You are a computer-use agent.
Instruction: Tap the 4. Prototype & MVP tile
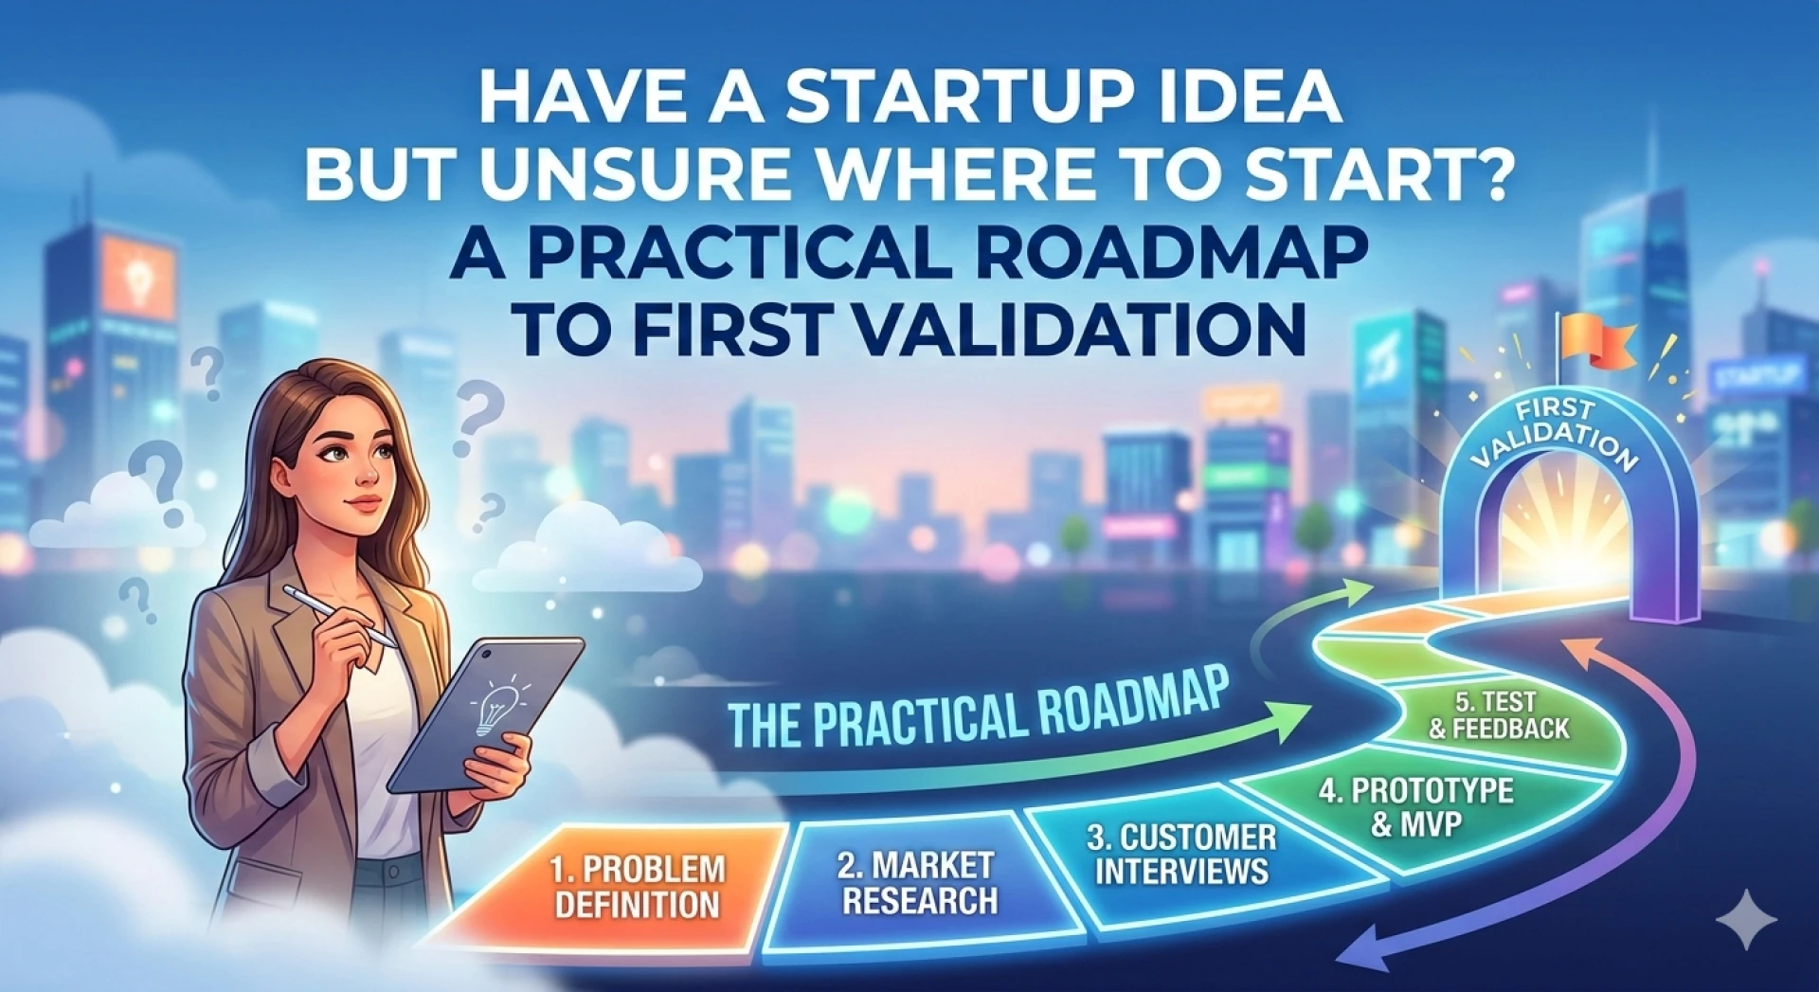(x=1415, y=806)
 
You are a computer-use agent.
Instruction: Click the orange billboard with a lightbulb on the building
(x=139, y=275)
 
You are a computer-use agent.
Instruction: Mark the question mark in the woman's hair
(x=207, y=372)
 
